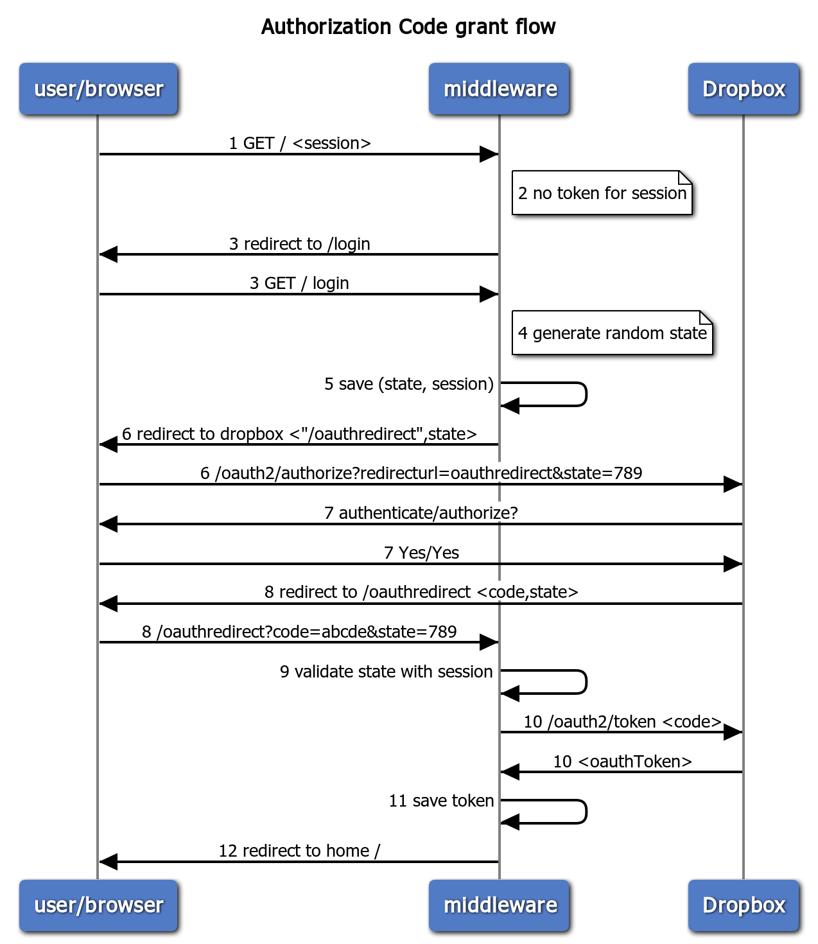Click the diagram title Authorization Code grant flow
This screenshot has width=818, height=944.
click(408, 26)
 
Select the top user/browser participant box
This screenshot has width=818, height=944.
click(98, 89)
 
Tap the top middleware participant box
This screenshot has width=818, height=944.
click(499, 89)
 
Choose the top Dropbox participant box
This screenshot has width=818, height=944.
click(744, 89)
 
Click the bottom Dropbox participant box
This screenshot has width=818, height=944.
click(744, 905)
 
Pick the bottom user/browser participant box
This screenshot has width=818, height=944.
click(98, 905)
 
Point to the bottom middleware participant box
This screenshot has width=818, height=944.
click(499, 905)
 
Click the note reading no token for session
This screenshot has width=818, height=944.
click(602, 193)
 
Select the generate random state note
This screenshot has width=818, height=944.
click(612, 333)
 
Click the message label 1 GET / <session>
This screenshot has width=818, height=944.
click(300, 143)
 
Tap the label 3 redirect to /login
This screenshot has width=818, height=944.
click(300, 244)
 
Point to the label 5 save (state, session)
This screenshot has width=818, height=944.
click(409, 384)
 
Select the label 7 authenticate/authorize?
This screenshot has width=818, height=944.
click(421, 513)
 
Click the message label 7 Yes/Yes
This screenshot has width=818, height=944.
click(421, 553)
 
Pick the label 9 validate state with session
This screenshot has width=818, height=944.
click(387, 671)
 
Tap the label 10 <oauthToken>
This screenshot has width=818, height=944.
click(622, 762)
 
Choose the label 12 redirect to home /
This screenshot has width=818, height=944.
click(299, 851)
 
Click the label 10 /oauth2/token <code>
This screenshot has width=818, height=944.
click(622, 722)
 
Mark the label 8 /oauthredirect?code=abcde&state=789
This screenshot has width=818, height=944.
click(299, 632)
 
